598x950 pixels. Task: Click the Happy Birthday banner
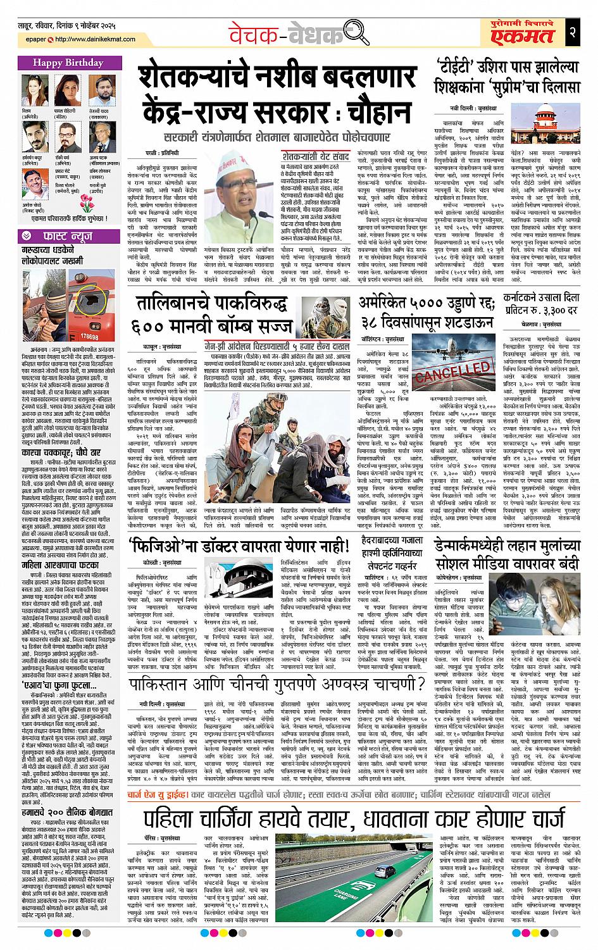[x=61, y=63]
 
